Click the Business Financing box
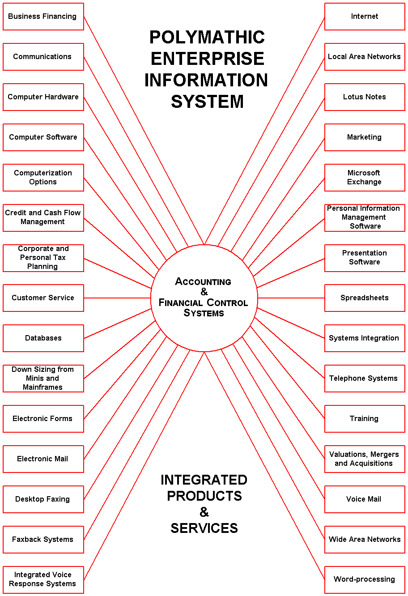pyautogui.click(x=43, y=17)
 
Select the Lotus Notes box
pyautogui.click(x=365, y=97)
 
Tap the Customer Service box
pyautogui.click(x=43, y=298)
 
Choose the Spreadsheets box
pyautogui.click(x=365, y=298)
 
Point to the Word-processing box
pyautogui.click(x=365, y=579)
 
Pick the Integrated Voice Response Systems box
pyautogui.click(x=43, y=579)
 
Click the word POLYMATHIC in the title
pyautogui.click(x=207, y=37)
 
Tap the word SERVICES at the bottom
pyautogui.click(x=204, y=528)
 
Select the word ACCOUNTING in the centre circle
pyautogui.click(x=203, y=282)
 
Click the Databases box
pyautogui.click(x=43, y=338)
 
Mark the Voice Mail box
pyautogui.click(x=365, y=499)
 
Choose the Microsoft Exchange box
pyautogui.click(x=365, y=178)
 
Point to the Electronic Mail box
pyautogui.click(x=43, y=459)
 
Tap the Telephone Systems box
pyautogui.click(x=365, y=379)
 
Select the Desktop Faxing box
pyautogui.click(x=43, y=499)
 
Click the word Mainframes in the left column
pyautogui.click(x=42, y=387)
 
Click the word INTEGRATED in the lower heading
pyautogui.click(x=204, y=480)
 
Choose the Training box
pyautogui.click(x=365, y=419)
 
